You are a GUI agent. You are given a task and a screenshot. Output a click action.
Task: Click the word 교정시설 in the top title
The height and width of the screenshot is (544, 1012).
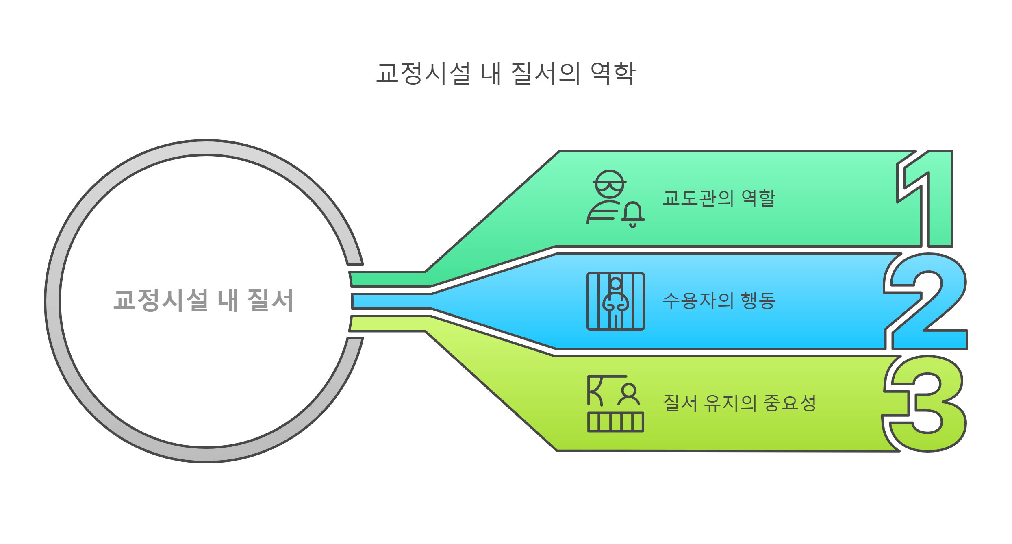pyautogui.click(x=423, y=74)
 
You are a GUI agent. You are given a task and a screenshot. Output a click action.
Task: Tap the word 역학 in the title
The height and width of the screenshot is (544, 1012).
pyautogui.click(x=612, y=74)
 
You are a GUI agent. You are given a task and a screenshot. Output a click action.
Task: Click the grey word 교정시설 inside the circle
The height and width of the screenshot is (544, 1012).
pyautogui.click(x=161, y=301)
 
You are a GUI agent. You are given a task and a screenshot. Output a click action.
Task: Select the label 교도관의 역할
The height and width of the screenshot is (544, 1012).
pyautogui.click(x=719, y=198)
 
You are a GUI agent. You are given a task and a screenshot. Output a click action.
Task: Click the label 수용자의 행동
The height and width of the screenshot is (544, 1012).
pyautogui.click(x=719, y=301)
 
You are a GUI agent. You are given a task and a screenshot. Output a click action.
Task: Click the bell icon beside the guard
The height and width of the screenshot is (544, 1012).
pyautogui.click(x=633, y=213)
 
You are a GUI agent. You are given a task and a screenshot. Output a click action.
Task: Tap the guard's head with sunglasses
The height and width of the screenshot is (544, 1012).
pyautogui.click(x=609, y=184)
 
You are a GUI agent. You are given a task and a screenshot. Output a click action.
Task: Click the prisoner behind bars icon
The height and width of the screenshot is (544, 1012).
pyautogui.click(x=616, y=301)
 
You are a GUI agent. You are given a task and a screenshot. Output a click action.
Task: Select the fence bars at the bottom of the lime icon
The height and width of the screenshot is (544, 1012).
pyautogui.click(x=616, y=422)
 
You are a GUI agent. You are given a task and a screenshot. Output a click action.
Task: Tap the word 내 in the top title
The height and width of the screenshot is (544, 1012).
pyautogui.click(x=491, y=74)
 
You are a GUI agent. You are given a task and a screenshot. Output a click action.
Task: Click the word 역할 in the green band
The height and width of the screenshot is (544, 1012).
pyautogui.click(x=758, y=198)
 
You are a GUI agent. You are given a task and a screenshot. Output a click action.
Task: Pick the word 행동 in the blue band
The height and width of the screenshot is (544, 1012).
pyautogui.click(x=758, y=301)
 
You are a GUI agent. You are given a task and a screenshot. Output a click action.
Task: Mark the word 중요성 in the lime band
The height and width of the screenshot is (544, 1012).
pyautogui.click(x=790, y=403)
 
